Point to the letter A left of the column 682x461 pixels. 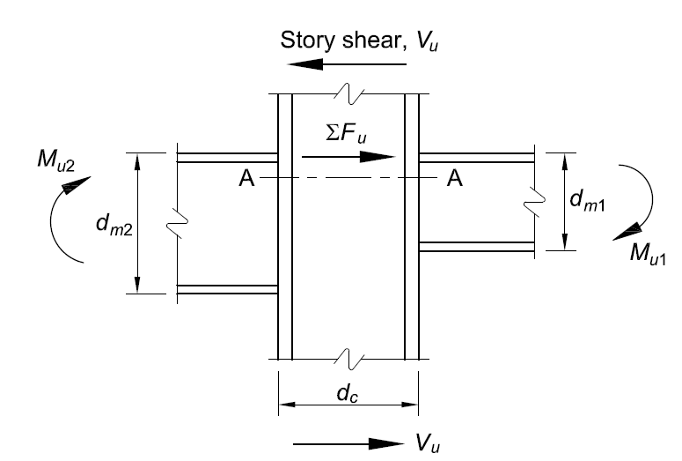click(246, 179)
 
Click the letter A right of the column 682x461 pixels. click(454, 179)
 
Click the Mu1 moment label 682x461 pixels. click(647, 253)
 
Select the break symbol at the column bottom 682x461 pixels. click(348, 359)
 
